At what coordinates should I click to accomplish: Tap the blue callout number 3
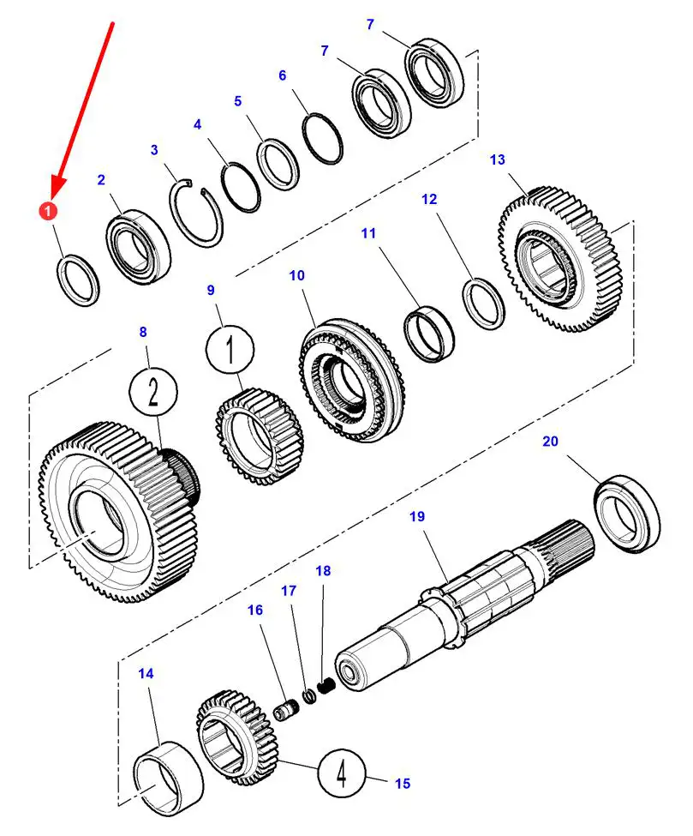pyautogui.click(x=154, y=150)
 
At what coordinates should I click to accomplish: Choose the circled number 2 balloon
pyautogui.click(x=152, y=393)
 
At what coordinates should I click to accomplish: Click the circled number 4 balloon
pyautogui.click(x=342, y=775)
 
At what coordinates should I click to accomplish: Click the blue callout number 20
pyautogui.click(x=550, y=442)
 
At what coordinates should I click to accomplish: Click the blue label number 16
pyautogui.click(x=256, y=610)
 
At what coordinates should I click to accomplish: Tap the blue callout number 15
pyautogui.click(x=403, y=783)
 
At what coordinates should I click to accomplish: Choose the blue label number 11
pyautogui.click(x=368, y=232)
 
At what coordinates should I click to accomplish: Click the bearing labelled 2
pyautogui.click(x=137, y=244)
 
